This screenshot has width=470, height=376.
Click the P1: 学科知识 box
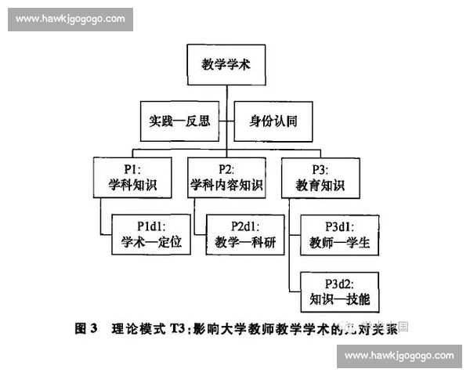point(129,178)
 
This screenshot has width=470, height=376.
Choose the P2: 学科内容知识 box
point(227,178)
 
